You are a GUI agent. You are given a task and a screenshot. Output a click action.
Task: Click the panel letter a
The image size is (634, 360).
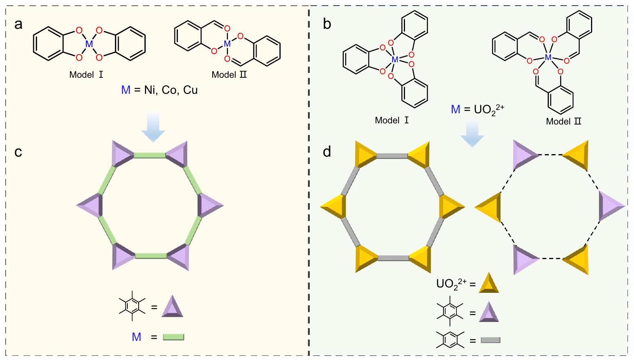18,25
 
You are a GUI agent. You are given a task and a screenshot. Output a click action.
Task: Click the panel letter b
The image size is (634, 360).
327,25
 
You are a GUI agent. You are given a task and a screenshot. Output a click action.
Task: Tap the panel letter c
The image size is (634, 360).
18,152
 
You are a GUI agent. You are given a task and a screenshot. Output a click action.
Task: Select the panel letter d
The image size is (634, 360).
327,152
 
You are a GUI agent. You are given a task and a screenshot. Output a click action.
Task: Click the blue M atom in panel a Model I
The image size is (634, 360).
89,44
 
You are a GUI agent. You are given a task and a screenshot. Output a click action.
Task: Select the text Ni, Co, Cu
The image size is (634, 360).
171,90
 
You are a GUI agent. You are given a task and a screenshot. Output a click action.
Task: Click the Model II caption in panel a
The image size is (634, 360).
229,75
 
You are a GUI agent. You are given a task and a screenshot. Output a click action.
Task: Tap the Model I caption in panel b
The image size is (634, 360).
392,120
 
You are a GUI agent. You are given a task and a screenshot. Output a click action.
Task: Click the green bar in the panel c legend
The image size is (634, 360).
174,337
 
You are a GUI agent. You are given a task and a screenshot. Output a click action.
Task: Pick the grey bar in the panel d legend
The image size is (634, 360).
490,340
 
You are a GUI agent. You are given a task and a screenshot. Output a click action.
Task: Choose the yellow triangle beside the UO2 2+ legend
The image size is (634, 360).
489,283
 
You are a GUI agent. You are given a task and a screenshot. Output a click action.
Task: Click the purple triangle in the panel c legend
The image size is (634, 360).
172,307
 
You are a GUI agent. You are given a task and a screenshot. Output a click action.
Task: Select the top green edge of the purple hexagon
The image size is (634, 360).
149,155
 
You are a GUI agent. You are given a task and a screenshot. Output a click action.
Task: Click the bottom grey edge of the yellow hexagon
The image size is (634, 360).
393,258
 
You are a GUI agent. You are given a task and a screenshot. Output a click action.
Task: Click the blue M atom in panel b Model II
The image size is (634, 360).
548,57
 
